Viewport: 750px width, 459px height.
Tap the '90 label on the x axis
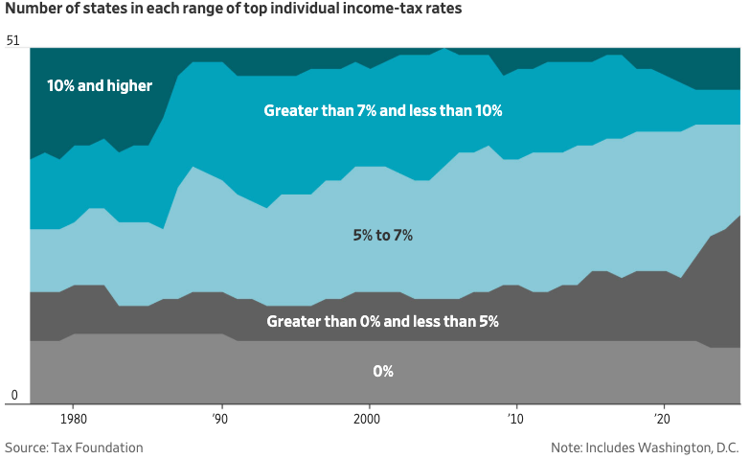(x=222, y=419)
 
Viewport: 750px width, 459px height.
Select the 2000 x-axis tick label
(x=368, y=419)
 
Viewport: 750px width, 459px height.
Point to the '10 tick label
(x=515, y=419)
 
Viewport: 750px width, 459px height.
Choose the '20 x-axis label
(x=662, y=419)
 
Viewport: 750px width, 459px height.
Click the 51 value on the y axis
(x=12, y=41)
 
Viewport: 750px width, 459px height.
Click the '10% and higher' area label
(x=100, y=85)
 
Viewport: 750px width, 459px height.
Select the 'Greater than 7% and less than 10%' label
(x=383, y=110)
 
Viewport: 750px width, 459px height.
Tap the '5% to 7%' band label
(x=382, y=235)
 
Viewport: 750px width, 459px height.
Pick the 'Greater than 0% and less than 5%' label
(x=382, y=321)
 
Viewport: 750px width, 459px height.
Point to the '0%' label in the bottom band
(x=382, y=371)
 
